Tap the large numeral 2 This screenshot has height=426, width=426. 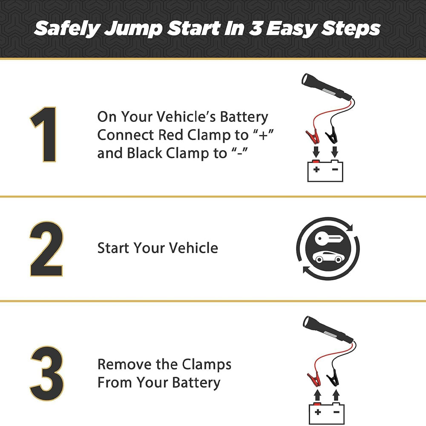(x=46, y=249)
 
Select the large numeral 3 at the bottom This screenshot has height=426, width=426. (x=47, y=374)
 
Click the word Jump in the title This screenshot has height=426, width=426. (x=133, y=29)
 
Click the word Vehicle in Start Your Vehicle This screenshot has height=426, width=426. (x=193, y=248)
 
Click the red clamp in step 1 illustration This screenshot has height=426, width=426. (x=313, y=136)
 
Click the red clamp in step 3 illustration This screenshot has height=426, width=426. (x=314, y=379)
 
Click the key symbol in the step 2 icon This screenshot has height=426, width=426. (x=329, y=239)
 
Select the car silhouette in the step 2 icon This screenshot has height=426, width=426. (x=328, y=257)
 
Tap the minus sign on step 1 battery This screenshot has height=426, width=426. (x=335, y=170)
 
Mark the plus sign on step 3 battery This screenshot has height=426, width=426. (x=318, y=412)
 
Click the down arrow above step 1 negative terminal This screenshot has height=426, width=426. (x=335, y=152)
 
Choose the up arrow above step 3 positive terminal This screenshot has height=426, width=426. (x=318, y=395)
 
